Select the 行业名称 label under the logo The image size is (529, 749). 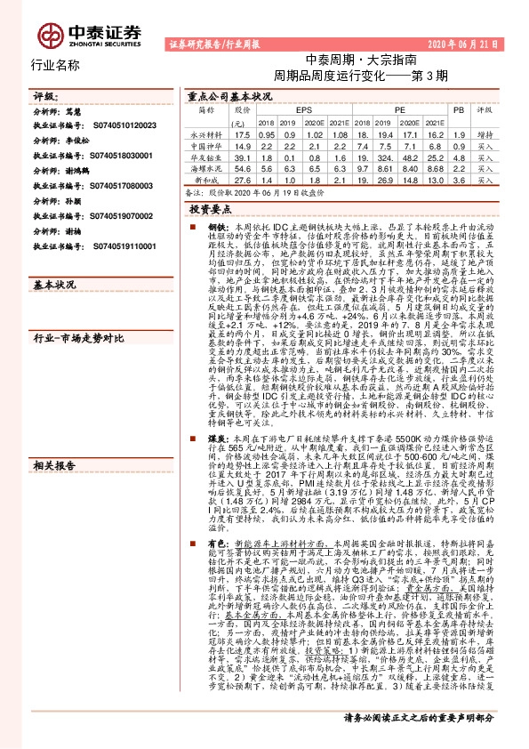pos(56,65)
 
